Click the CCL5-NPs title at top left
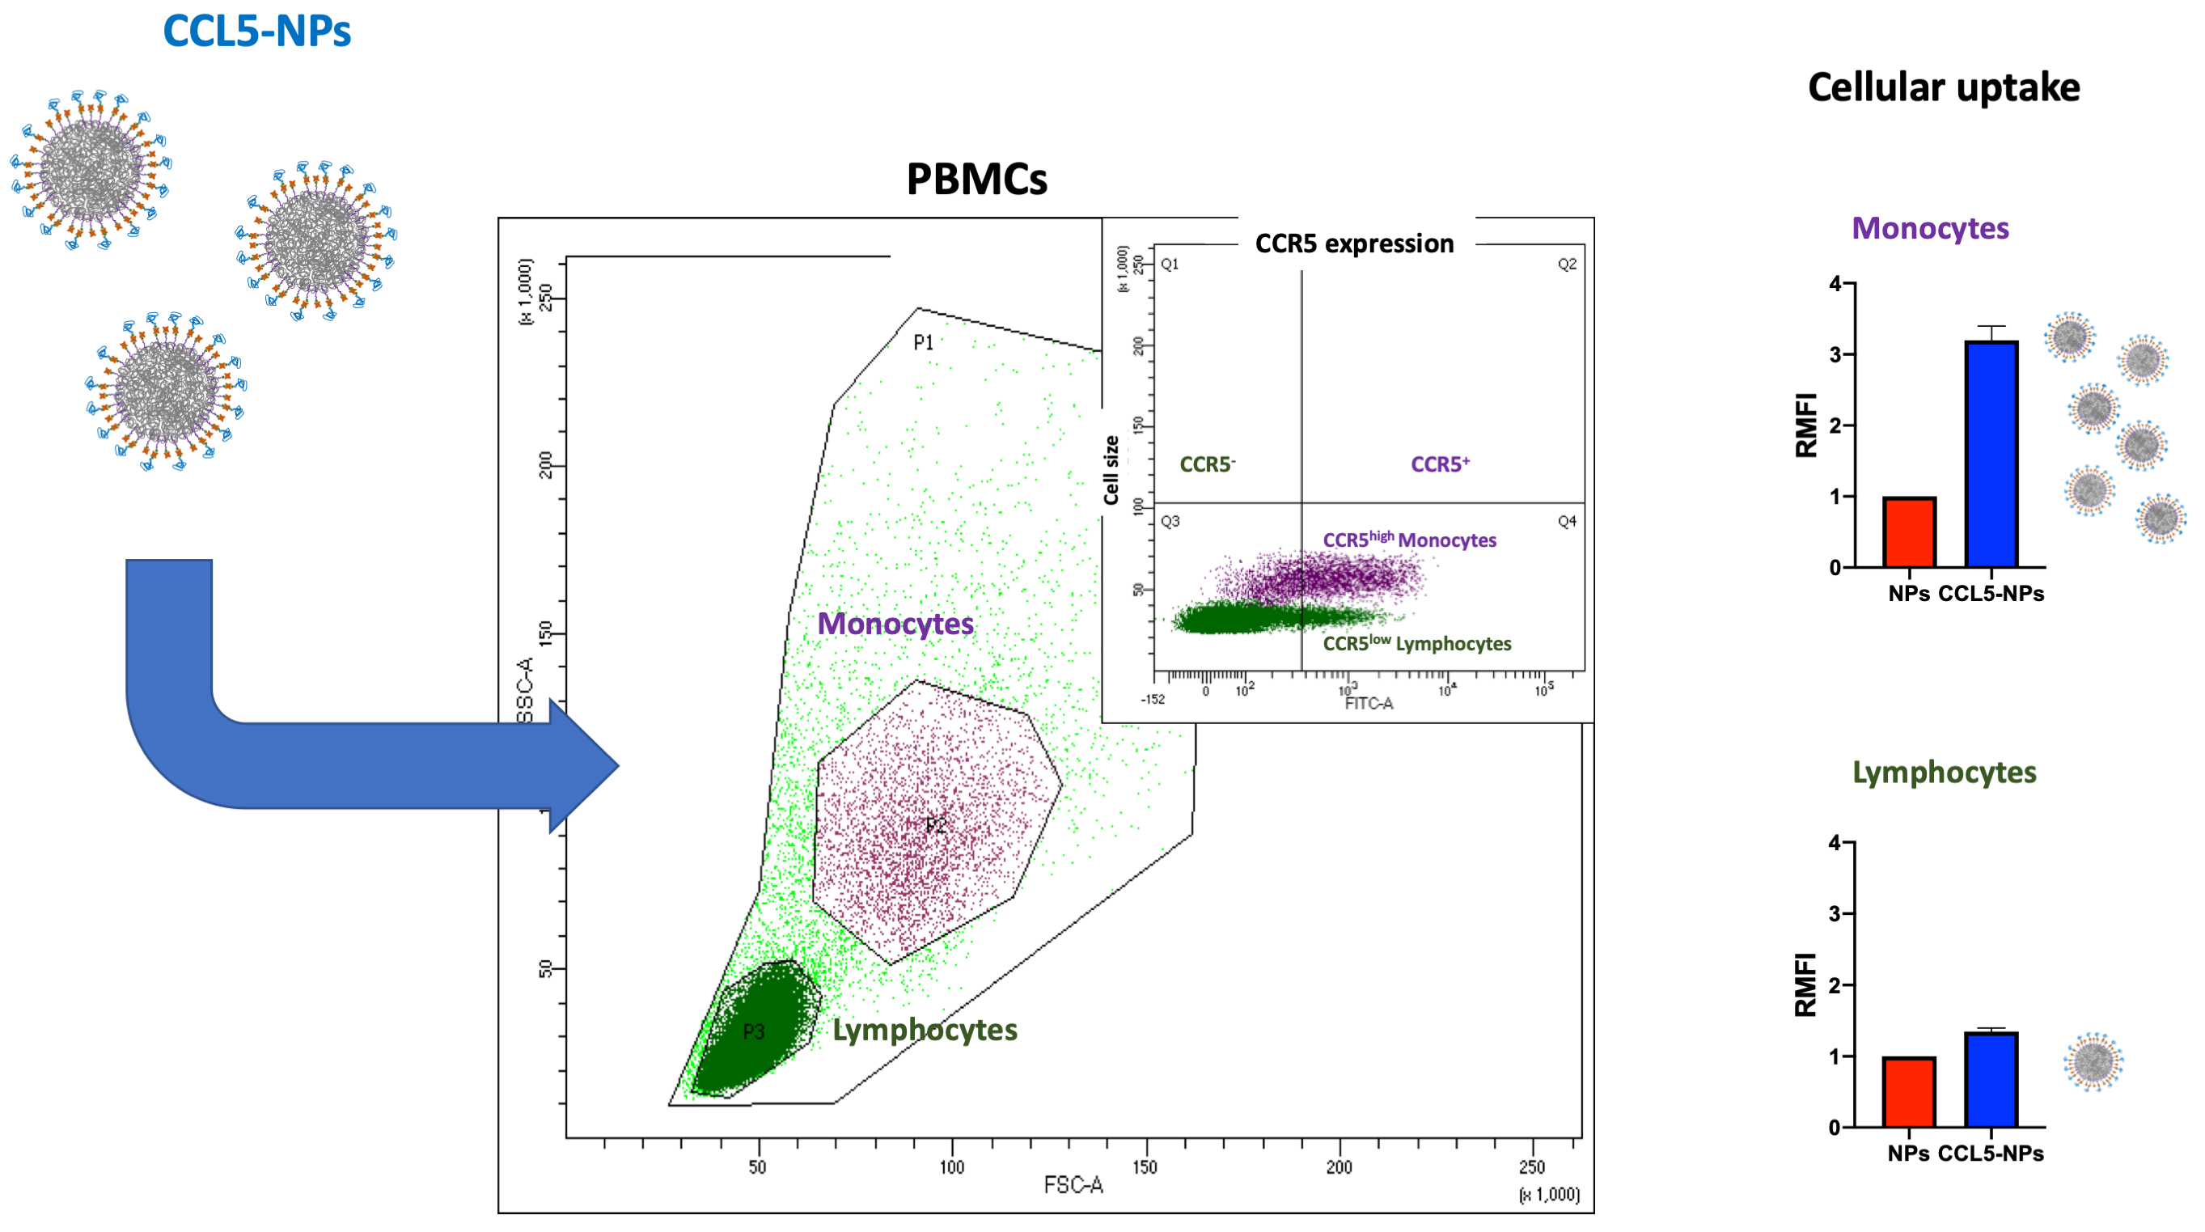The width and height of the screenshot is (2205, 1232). pyautogui.click(x=256, y=31)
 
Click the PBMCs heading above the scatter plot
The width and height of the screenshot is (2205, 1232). pyautogui.click(x=976, y=180)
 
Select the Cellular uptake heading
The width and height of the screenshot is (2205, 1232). pyautogui.click(x=1943, y=87)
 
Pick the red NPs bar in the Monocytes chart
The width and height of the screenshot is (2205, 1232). pyautogui.click(x=1909, y=531)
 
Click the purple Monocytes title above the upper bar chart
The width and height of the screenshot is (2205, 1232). pyautogui.click(x=1930, y=229)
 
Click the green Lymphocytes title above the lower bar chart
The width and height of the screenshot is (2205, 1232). pyautogui.click(x=1944, y=773)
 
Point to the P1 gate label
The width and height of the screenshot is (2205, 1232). pyautogui.click(x=923, y=343)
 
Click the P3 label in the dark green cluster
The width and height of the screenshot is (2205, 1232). pyautogui.click(x=753, y=1031)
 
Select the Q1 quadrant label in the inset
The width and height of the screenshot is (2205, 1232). pyautogui.click(x=1170, y=265)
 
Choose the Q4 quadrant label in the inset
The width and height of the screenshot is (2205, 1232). pyautogui.click(x=1567, y=522)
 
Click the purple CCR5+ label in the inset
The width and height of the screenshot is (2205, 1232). pyautogui.click(x=1440, y=464)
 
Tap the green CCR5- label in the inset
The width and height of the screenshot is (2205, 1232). pyautogui.click(x=1207, y=464)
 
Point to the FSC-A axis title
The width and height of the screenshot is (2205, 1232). pyautogui.click(x=1073, y=1185)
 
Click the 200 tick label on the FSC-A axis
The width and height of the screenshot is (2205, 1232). pyautogui.click(x=1340, y=1167)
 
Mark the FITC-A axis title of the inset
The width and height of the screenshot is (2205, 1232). pyautogui.click(x=1369, y=704)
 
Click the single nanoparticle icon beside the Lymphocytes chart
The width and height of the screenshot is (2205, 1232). pyautogui.click(x=2093, y=1061)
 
